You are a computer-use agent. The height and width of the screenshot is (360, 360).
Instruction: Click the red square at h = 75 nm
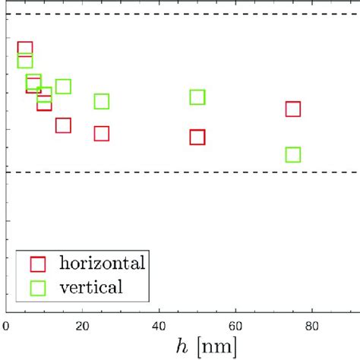(x=293, y=109)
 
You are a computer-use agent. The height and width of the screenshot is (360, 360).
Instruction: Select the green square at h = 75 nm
(x=293, y=155)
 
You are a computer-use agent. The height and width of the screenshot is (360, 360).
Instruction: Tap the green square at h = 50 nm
(x=197, y=96)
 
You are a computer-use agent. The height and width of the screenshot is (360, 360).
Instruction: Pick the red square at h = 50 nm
(x=197, y=137)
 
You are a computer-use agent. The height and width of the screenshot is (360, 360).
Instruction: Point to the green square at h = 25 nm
(x=102, y=101)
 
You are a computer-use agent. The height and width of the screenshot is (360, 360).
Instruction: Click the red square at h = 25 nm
(x=102, y=134)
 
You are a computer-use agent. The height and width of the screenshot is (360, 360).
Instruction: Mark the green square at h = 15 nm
(x=63, y=86)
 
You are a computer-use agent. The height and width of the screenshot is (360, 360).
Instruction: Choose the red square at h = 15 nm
(x=63, y=125)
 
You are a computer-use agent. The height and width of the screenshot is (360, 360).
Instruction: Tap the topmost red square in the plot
(x=25, y=49)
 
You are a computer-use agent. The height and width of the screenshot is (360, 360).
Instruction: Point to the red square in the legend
(x=38, y=264)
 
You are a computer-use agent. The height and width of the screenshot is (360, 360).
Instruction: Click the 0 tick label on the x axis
(x=7, y=325)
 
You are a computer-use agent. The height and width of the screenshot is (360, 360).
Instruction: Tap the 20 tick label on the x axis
(x=83, y=325)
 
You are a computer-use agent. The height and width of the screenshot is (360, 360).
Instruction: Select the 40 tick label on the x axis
(x=159, y=325)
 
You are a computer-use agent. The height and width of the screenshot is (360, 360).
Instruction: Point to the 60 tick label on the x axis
(x=235, y=325)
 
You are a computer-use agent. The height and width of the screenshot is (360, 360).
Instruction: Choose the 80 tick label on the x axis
(x=312, y=325)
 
